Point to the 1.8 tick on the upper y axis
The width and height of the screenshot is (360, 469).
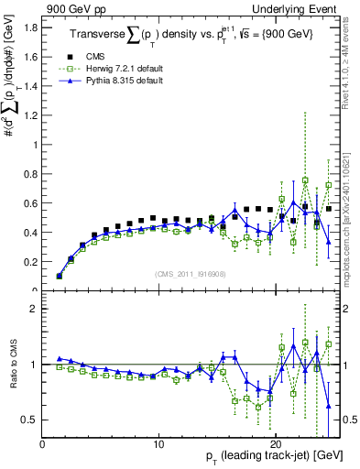pos(31,27)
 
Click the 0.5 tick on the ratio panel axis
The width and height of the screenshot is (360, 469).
pos(31,420)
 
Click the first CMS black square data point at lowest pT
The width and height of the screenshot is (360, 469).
pos(60,275)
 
